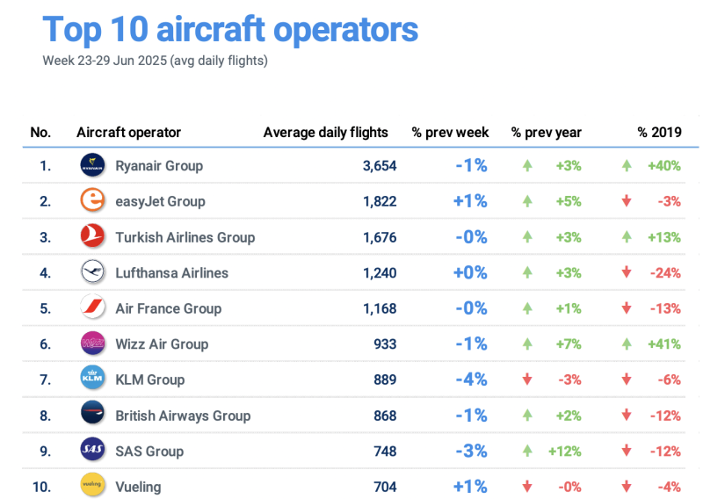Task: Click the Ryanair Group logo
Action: click(x=92, y=165)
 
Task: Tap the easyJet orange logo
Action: click(x=92, y=201)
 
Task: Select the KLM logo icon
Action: click(x=92, y=380)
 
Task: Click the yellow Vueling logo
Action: click(x=92, y=486)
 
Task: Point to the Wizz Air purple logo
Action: click(x=92, y=344)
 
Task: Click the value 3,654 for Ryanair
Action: click(x=379, y=165)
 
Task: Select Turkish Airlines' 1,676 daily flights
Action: click(x=379, y=237)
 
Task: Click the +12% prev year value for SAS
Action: click(x=566, y=451)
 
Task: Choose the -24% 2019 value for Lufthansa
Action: click(x=665, y=272)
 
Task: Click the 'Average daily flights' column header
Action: click(x=325, y=133)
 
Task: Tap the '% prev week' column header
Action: click(x=450, y=133)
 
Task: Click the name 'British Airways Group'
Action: click(x=183, y=416)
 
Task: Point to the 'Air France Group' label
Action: click(x=168, y=308)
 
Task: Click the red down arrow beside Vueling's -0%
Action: click(x=527, y=486)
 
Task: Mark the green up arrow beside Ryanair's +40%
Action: click(x=627, y=165)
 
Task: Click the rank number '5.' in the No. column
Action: click(x=44, y=308)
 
